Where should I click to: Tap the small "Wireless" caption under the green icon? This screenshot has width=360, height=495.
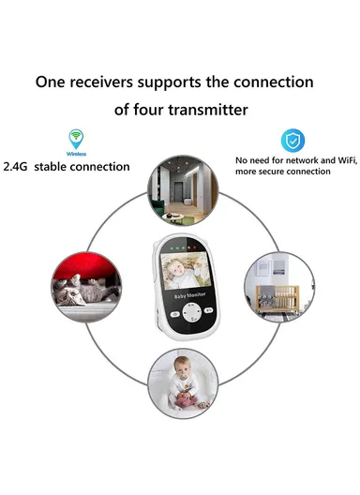(75, 152)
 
